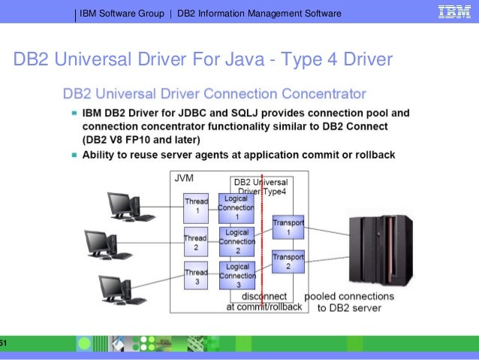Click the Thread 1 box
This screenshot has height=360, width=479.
pos(196,207)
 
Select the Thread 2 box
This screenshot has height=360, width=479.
pos(196,243)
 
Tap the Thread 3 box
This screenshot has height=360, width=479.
pos(196,277)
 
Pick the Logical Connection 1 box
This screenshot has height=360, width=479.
pos(237,207)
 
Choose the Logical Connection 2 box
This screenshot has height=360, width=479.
pos(237,241)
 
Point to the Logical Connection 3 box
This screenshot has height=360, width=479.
pos(237,276)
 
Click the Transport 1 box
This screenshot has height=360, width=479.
pos(288,228)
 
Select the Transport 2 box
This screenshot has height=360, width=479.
pos(288,261)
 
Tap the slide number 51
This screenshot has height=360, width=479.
pos(3,343)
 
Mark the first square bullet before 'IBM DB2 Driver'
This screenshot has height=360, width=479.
pos(74,113)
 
